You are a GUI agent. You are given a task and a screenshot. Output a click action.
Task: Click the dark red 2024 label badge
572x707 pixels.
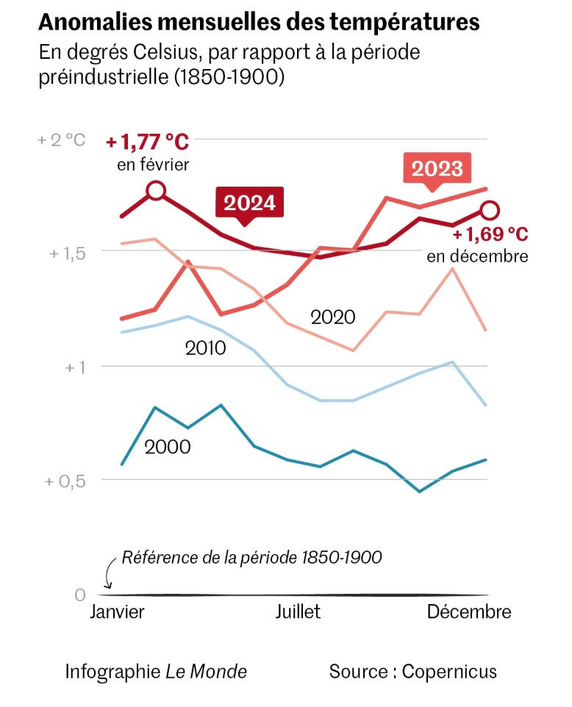(249, 203)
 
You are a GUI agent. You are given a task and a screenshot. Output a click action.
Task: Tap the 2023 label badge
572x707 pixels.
(437, 169)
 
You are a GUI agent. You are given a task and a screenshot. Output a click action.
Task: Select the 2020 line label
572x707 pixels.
(332, 317)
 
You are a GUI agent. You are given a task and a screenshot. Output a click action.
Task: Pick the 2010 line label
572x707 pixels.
(205, 347)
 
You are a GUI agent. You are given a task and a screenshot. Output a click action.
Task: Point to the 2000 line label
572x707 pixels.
(168, 446)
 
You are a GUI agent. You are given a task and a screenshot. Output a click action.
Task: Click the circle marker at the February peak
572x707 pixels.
(155, 191)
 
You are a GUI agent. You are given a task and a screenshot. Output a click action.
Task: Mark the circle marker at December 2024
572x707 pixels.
(490, 211)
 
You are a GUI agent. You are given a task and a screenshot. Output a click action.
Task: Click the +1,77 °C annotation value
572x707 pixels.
(147, 141)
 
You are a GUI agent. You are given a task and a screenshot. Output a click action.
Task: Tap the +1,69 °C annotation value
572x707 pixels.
(490, 235)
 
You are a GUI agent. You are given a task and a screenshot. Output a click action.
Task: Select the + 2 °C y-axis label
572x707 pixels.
(62, 140)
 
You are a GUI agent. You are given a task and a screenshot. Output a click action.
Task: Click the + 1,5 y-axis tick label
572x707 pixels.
(68, 252)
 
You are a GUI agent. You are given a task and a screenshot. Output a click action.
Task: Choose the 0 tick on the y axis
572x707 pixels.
(80, 595)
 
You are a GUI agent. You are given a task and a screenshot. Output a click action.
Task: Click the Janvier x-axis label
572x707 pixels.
(118, 612)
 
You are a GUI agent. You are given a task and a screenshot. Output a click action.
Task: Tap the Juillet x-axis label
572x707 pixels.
(298, 612)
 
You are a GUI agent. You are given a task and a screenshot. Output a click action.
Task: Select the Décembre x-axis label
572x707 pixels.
(468, 612)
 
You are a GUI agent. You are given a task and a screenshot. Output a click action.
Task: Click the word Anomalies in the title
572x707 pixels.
(93, 23)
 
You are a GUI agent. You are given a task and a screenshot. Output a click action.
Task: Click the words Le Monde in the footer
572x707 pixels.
(206, 671)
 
